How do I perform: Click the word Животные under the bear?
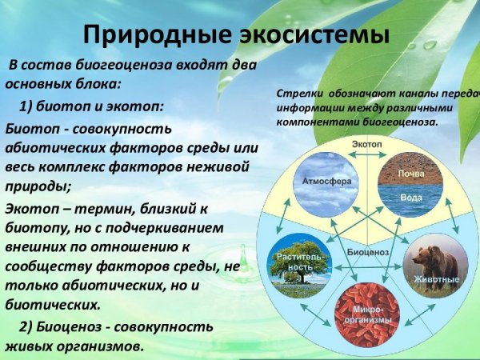(436, 279)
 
